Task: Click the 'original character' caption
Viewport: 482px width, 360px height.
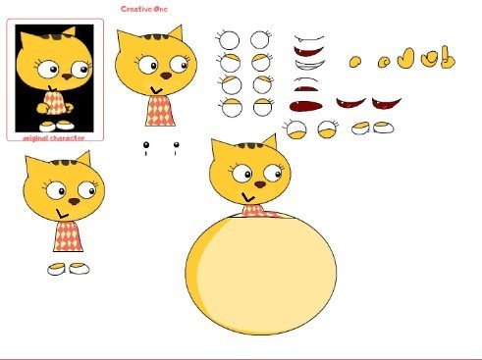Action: point(55,138)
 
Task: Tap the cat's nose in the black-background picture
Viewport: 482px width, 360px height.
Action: point(66,75)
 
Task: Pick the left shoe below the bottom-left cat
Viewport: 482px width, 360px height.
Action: point(58,268)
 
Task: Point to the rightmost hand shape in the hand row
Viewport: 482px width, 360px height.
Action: point(447,58)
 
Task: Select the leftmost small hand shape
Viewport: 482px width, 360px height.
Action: point(355,62)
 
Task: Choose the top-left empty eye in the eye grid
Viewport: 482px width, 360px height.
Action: point(228,40)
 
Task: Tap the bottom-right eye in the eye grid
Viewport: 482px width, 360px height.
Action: point(261,107)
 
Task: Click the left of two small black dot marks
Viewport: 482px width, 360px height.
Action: point(146,147)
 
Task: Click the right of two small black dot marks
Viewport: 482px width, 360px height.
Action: point(176,147)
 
